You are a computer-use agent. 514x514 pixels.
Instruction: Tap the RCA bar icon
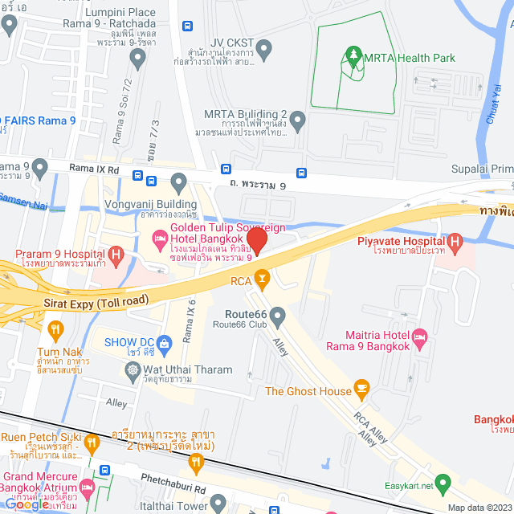[261, 280]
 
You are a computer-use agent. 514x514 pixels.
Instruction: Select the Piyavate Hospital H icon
[455, 241]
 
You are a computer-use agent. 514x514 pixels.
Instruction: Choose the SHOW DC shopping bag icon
[165, 343]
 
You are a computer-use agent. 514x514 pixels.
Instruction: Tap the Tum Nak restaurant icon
[55, 328]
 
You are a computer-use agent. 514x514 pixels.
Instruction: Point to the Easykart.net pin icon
[442, 484]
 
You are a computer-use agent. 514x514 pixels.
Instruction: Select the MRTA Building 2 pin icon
[298, 122]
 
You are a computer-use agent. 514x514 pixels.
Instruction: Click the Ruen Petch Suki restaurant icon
[92, 441]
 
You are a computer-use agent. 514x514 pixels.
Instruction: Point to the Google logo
[27, 504]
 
